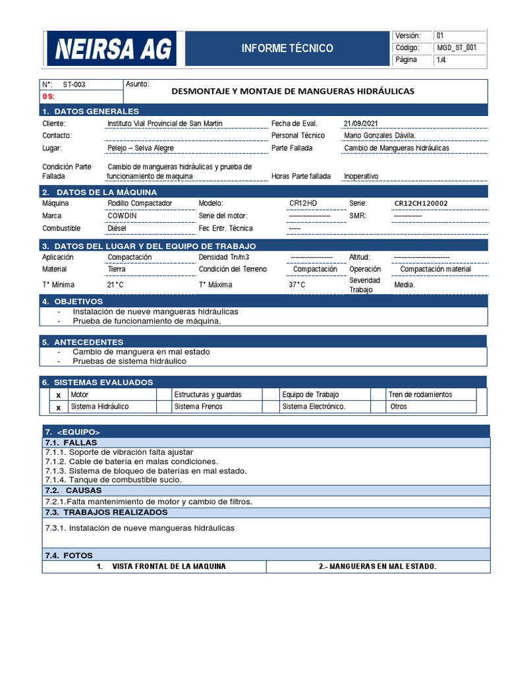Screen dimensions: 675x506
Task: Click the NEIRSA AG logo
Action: point(112,48)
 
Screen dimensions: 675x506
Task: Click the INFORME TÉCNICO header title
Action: point(287,48)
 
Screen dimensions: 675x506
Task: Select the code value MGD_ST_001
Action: point(457,47)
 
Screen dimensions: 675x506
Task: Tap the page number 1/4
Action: point(441,60)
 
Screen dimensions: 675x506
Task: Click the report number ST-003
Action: point(74,84)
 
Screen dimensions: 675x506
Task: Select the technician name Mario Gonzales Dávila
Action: point(380,135)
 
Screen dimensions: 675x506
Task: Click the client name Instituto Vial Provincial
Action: point(165,123)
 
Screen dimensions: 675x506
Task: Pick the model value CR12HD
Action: point(303,203)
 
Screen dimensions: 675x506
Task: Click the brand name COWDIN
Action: point(123,216)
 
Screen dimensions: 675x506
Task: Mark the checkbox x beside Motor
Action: point(58,395)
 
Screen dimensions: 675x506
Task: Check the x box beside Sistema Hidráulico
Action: point(58,407)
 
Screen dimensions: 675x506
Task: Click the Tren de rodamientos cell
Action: point(420,394)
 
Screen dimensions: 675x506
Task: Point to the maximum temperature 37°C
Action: point(297,285)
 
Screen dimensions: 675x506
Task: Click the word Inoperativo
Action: point(361,177)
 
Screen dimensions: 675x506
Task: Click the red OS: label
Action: point(49,96)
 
